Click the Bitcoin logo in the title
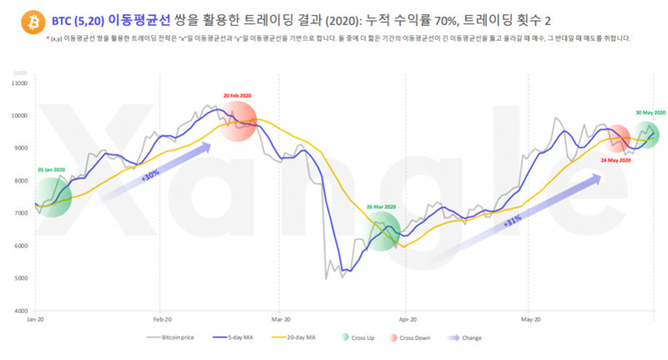point(14,17)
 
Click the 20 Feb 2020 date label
point(238,95)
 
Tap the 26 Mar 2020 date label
point(380,206)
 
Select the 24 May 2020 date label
point(616,159)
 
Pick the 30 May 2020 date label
point(650,112)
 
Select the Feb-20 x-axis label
point(162,319)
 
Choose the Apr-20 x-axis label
point(408,319)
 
